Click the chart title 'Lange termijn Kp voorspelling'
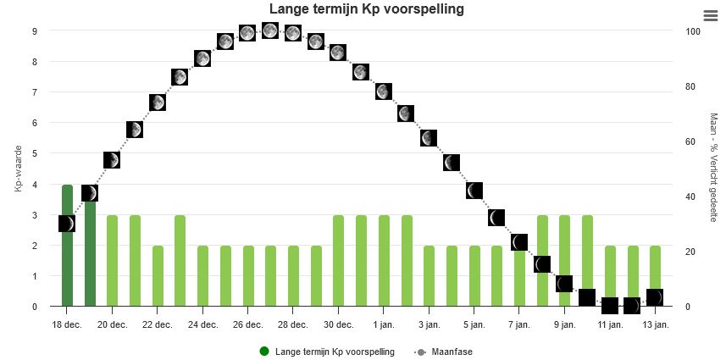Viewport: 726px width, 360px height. (x=367, y=9)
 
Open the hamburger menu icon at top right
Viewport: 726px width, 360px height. (x=710, y=15)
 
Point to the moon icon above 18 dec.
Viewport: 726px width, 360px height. (x=67, y=224)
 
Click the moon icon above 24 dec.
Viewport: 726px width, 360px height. (x=202, y=58)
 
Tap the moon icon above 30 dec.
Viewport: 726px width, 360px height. (x=338, y=53)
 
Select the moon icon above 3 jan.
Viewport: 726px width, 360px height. (x=429, y=138)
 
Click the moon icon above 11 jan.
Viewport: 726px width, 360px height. (x=609, y=305)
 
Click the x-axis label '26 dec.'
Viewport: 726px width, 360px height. (x=247, y=324)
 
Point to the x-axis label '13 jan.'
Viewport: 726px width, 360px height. (x=655, y=324)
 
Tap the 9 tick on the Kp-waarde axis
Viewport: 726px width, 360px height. (x=35, y=31)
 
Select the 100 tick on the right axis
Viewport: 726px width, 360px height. (x=693, y=31)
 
